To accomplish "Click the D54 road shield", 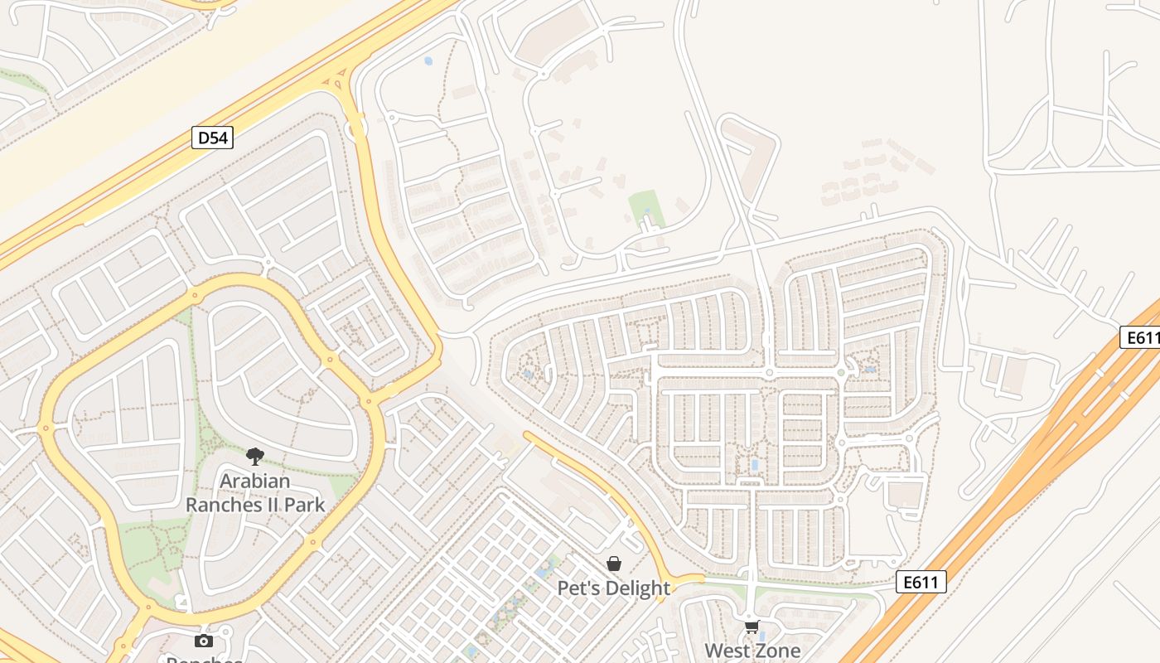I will tap(212, 138).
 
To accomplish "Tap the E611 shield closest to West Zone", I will tap(921, 582).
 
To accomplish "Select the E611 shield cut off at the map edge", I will tap(1142, 337).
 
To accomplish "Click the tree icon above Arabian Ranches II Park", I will tap(255, 456).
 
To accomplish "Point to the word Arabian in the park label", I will tap(255, 481).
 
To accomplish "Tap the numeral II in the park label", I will tap(265, 504).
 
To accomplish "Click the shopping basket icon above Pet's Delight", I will tap(614, 564).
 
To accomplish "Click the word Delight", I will tap(639, 588).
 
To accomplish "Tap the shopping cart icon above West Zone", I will tap(752, 627).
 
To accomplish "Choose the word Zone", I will tap(780, 651).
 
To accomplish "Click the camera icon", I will tap(203, 640).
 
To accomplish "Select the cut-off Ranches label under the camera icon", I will tap(204, 659).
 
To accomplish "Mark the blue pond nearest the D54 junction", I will tap(428, 60).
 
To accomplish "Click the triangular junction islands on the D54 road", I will tap(336, 81).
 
